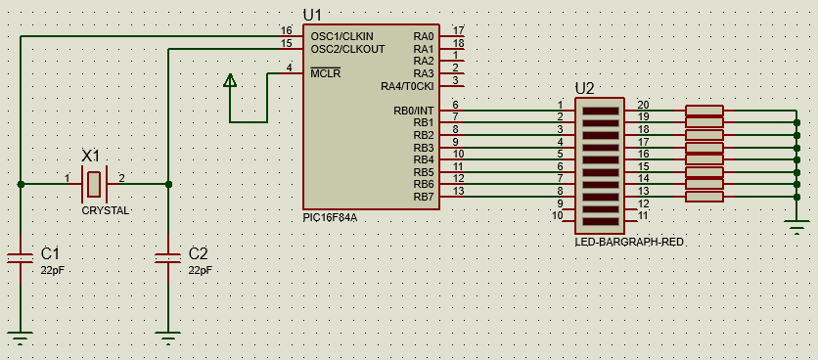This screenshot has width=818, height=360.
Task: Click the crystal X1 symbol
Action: click(x=94, y=184)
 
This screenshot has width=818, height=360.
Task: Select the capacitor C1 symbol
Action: click(x=21, y=257)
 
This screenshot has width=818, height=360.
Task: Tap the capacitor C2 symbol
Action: click(x=168, y=257)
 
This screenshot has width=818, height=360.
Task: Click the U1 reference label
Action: click(x=312, y=15)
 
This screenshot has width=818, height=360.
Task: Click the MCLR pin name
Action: click(x=326, y=73)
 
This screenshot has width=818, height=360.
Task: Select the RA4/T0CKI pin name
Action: click(x=407, y=87)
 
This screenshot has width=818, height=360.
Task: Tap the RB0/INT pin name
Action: click(x=414, y=111)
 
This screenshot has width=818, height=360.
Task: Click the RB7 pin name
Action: click(x=424, y=198)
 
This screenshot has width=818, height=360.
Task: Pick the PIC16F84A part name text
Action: click(x=330, y=217)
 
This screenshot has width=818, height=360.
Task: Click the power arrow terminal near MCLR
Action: click(x=230, y=80)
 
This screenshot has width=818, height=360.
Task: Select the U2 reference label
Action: click(x=584, y=89)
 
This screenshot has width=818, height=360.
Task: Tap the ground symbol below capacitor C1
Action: click(x=21, y=338)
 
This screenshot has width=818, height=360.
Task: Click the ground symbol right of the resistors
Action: click(x=796, y=228)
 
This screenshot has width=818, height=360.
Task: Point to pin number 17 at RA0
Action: click(x=459, y=30)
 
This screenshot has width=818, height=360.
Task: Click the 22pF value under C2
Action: click(x=201, y=270)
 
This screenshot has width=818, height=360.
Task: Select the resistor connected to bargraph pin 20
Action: click(x=704, y=111)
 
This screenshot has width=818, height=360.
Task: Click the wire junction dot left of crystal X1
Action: click(x=21, y=184)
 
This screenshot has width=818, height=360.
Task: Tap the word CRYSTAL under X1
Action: click(x=106, y=210)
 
